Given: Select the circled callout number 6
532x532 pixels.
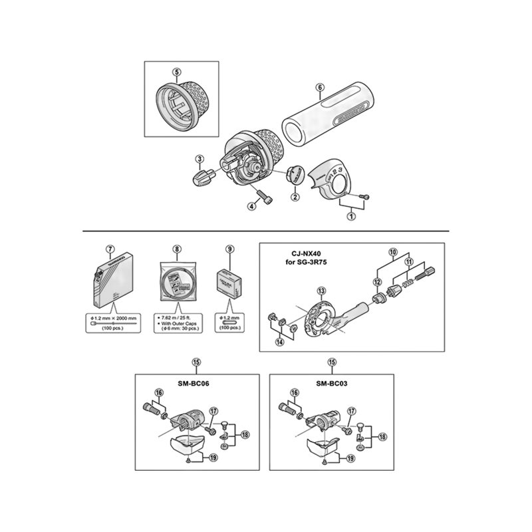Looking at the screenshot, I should pyautogui.click(x=320, y=87).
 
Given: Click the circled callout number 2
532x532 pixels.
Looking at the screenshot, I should pyautogui.click(x=295, y=196).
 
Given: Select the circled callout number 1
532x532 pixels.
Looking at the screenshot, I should pyautogui.click(x=351, y=215).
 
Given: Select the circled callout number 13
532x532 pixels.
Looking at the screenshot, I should pyautogui.click(x=321, y=291).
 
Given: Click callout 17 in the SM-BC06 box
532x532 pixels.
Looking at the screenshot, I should pyautogui.click(x=214, y=411).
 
